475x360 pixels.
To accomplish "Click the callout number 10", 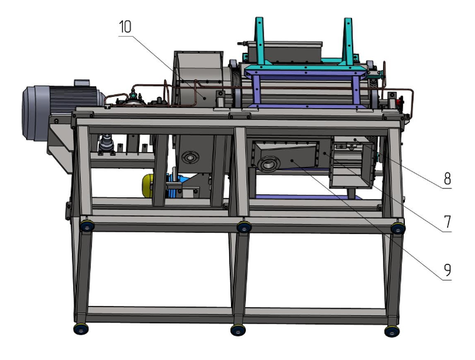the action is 125,27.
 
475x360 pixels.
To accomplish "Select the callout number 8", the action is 448,178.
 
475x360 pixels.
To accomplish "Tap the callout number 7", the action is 448,222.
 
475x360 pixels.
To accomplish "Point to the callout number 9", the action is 448,270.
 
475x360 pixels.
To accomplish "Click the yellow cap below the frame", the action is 147,185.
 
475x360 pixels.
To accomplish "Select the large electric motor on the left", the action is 62,113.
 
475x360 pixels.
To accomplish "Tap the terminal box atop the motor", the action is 82,83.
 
